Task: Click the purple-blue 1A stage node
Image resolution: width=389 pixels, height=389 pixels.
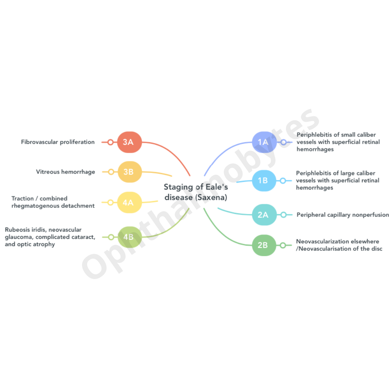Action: tap(264, 142)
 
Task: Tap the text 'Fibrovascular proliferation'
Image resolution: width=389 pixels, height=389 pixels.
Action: tap(58, 142)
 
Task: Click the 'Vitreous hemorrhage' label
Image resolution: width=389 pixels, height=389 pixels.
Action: tap(66, 172)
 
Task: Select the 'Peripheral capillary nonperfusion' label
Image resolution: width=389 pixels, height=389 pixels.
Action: tap(343, 215)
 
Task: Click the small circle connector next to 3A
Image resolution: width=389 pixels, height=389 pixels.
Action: tap(110, 142)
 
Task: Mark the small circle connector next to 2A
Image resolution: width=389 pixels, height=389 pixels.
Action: tap(283, 215)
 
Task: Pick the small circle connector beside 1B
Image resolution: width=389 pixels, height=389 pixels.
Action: tap(283, 180)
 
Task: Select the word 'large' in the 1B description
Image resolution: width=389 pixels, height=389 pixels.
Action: tap(348, 173)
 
